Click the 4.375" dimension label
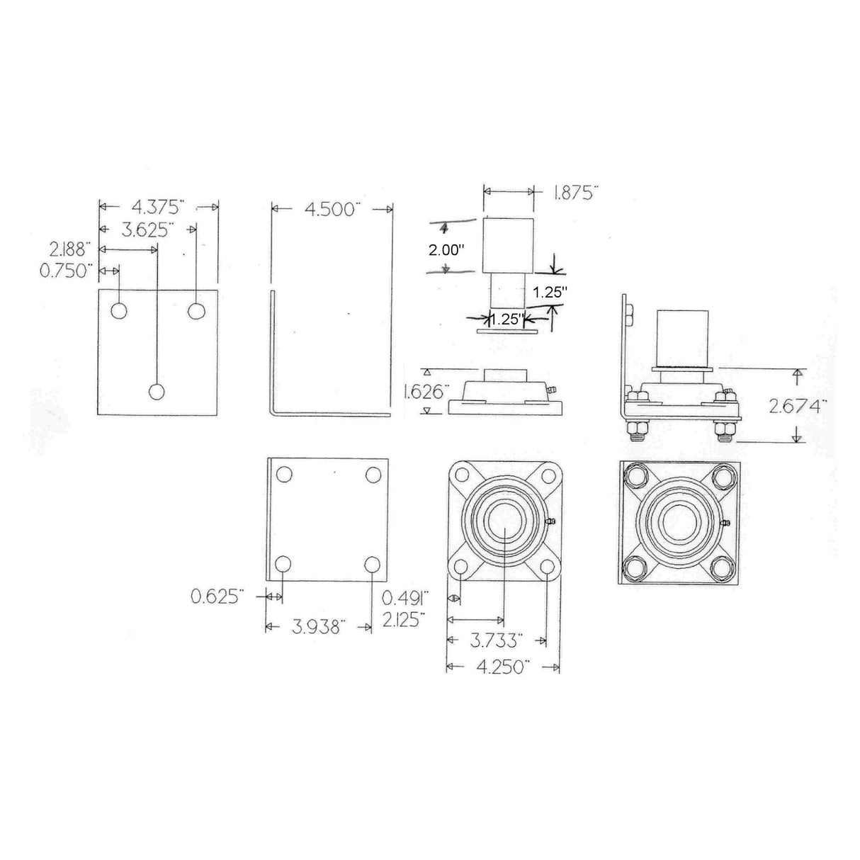(157, 206)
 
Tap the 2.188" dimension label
(70, 249)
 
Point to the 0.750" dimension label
(70, 271)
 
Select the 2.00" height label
(448, 249)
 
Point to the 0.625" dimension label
(217, 596)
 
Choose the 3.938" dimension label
(319, 626)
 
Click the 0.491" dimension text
(404, 596)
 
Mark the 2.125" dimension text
(404, 618)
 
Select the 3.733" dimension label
(497, 640)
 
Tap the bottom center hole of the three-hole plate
(157, 391)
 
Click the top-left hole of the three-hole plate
(119, 310)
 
